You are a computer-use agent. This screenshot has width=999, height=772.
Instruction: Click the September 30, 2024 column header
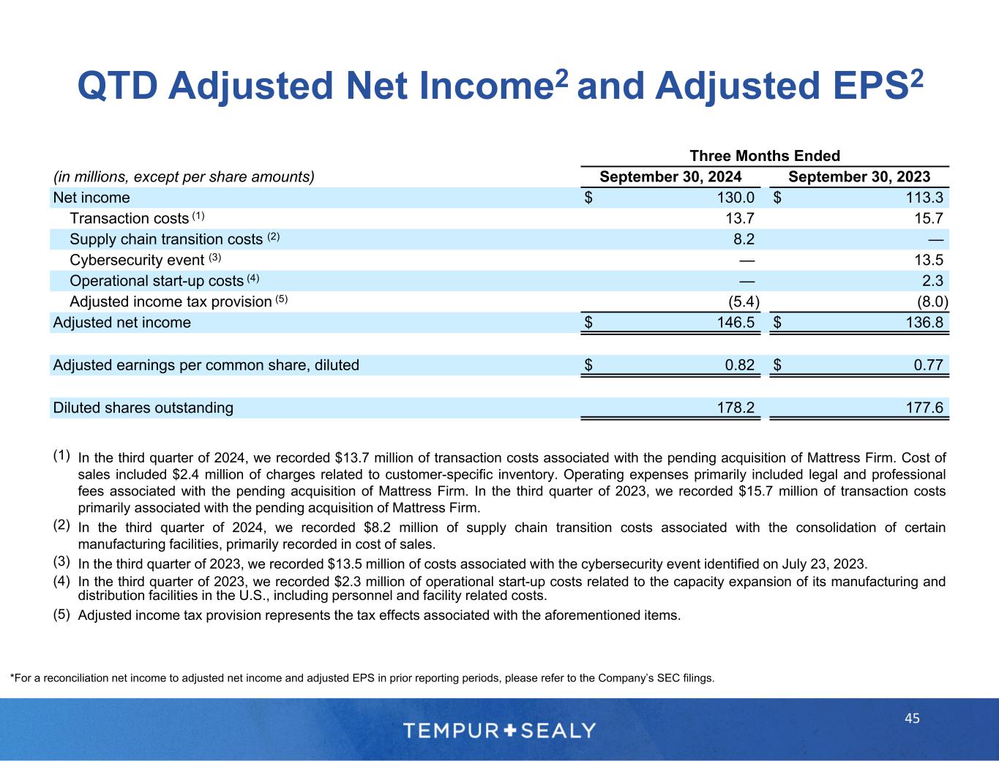(x=670, y=176)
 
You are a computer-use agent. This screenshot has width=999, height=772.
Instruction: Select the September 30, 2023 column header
(x=859, y=176)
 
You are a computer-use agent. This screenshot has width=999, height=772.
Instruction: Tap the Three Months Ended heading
(x=765, y=156)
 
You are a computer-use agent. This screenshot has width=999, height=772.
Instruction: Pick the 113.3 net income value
(x=924, y=198)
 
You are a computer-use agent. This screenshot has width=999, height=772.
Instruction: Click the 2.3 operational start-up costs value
(x=933, y=281)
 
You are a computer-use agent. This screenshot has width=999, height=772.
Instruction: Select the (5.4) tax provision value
(x=741, y=301)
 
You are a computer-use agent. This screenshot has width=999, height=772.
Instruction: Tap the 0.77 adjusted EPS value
(x=928, y=365)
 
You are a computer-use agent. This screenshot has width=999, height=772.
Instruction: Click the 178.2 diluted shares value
(x=736, y=408)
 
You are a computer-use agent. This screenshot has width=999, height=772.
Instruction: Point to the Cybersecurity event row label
(x=136, y=260)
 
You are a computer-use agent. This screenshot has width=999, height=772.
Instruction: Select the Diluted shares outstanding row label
(x=143, y=408)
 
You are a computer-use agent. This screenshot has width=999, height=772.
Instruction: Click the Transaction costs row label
(x=130, y=218)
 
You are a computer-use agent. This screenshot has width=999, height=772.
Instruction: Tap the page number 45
(x=912, y=719)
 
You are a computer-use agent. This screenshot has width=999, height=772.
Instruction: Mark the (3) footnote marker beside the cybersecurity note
(x=61, y=561)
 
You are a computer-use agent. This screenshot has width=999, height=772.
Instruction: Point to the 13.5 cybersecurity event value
(x=928, y=260)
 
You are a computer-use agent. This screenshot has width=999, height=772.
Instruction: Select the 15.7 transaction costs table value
(x=928, y=218)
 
